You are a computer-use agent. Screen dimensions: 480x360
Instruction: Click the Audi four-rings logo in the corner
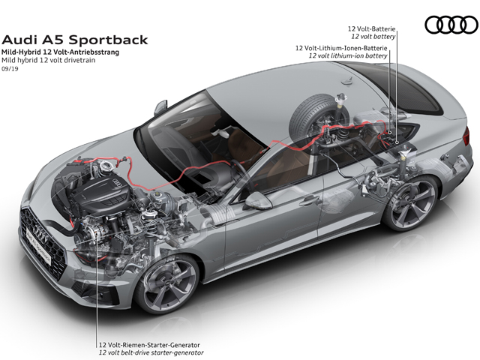(451, 25)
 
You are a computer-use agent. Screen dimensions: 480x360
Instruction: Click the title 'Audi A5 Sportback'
(75, 40)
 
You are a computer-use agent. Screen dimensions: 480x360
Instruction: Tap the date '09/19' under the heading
(10, 69)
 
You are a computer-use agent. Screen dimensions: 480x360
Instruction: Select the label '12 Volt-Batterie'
(371, 28)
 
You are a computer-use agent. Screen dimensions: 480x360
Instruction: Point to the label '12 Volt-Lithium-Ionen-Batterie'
(341, 48)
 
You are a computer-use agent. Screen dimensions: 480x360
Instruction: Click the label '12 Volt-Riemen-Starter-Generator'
(149, 345)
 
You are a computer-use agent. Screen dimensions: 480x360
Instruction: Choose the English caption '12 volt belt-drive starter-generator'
(151, 352)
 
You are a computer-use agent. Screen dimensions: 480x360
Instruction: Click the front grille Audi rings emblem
(40, 232)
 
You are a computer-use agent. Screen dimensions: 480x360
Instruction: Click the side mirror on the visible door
(258, 200)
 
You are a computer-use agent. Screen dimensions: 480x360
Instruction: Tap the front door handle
(308, 201)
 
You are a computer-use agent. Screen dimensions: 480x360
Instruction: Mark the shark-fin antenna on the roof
(347, 80)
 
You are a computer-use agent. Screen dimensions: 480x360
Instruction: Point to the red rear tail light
(466, 136)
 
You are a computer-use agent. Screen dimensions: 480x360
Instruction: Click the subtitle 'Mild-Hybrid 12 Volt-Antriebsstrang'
(60, 52)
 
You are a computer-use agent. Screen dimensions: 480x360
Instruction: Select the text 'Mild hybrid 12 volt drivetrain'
(48, 60)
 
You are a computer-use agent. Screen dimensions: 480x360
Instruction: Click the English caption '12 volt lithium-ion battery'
(348, 55)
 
